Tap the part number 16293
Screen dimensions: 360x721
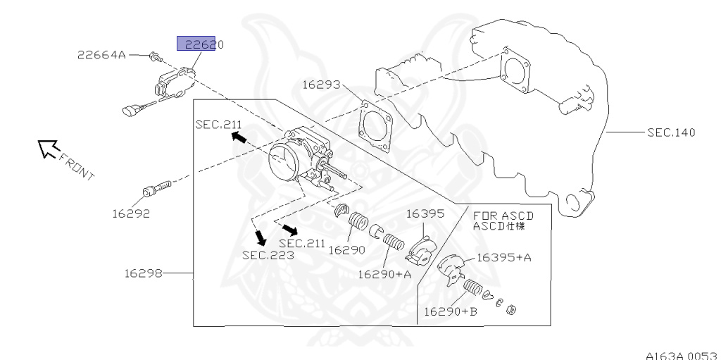click(322, 85)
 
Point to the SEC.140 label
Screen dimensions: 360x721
click(671, 132)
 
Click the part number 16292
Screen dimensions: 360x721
click(130, 211)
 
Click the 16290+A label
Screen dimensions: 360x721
click(384, 274)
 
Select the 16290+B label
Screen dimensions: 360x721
click(450, 311)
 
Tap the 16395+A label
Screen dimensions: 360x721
click(503, 258)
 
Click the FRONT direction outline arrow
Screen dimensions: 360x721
click(49, 148)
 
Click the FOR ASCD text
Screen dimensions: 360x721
click(503, 216)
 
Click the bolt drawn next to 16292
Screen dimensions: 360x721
click(156, 188)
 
